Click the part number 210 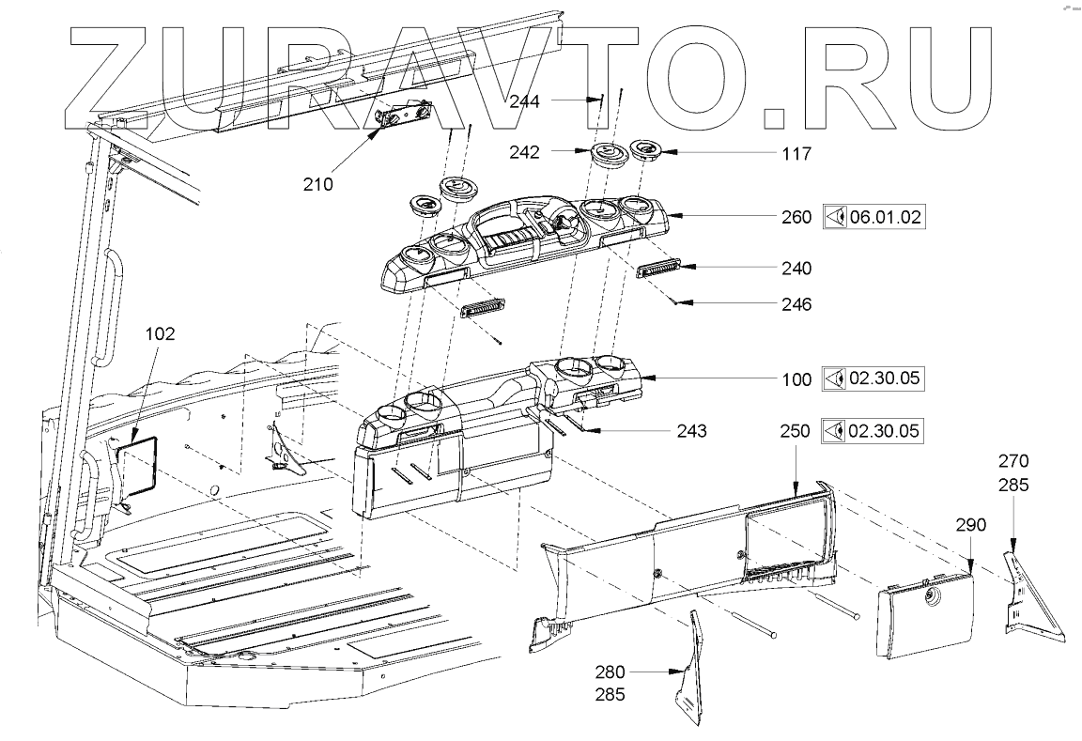point(318,184)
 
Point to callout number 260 point(795,218)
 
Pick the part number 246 point(795,304)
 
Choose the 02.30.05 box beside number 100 point(873,379)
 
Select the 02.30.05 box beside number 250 point(873,431)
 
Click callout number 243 point(690,431)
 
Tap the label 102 point(161,332)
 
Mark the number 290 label point(970,524)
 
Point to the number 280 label point(610,672)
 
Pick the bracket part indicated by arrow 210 point(402,120)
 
